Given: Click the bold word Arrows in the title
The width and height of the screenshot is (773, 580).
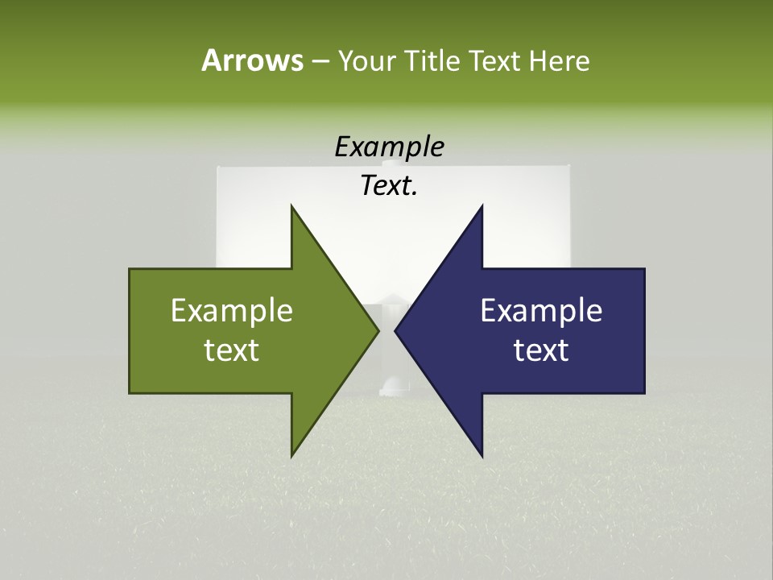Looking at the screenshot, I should click(x=251, y=60).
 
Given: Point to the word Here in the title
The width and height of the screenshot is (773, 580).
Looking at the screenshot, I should click(x=559, y=60).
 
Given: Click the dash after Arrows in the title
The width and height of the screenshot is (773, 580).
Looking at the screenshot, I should click(x=320, y=61).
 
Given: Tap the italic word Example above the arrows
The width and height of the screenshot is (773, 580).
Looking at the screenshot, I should click(x=389, y=147).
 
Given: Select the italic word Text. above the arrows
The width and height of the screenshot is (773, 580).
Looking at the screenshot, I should click(x=389, y=185).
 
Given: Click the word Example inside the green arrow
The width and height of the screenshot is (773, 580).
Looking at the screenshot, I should click(x=232, y=311).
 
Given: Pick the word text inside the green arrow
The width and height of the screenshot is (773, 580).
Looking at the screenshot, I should click(x=232, y=350).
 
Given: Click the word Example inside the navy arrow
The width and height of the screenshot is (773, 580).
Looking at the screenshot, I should click(x=541, y=311).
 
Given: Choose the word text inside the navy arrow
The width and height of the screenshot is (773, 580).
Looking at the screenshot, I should click(x=541, y=350).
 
